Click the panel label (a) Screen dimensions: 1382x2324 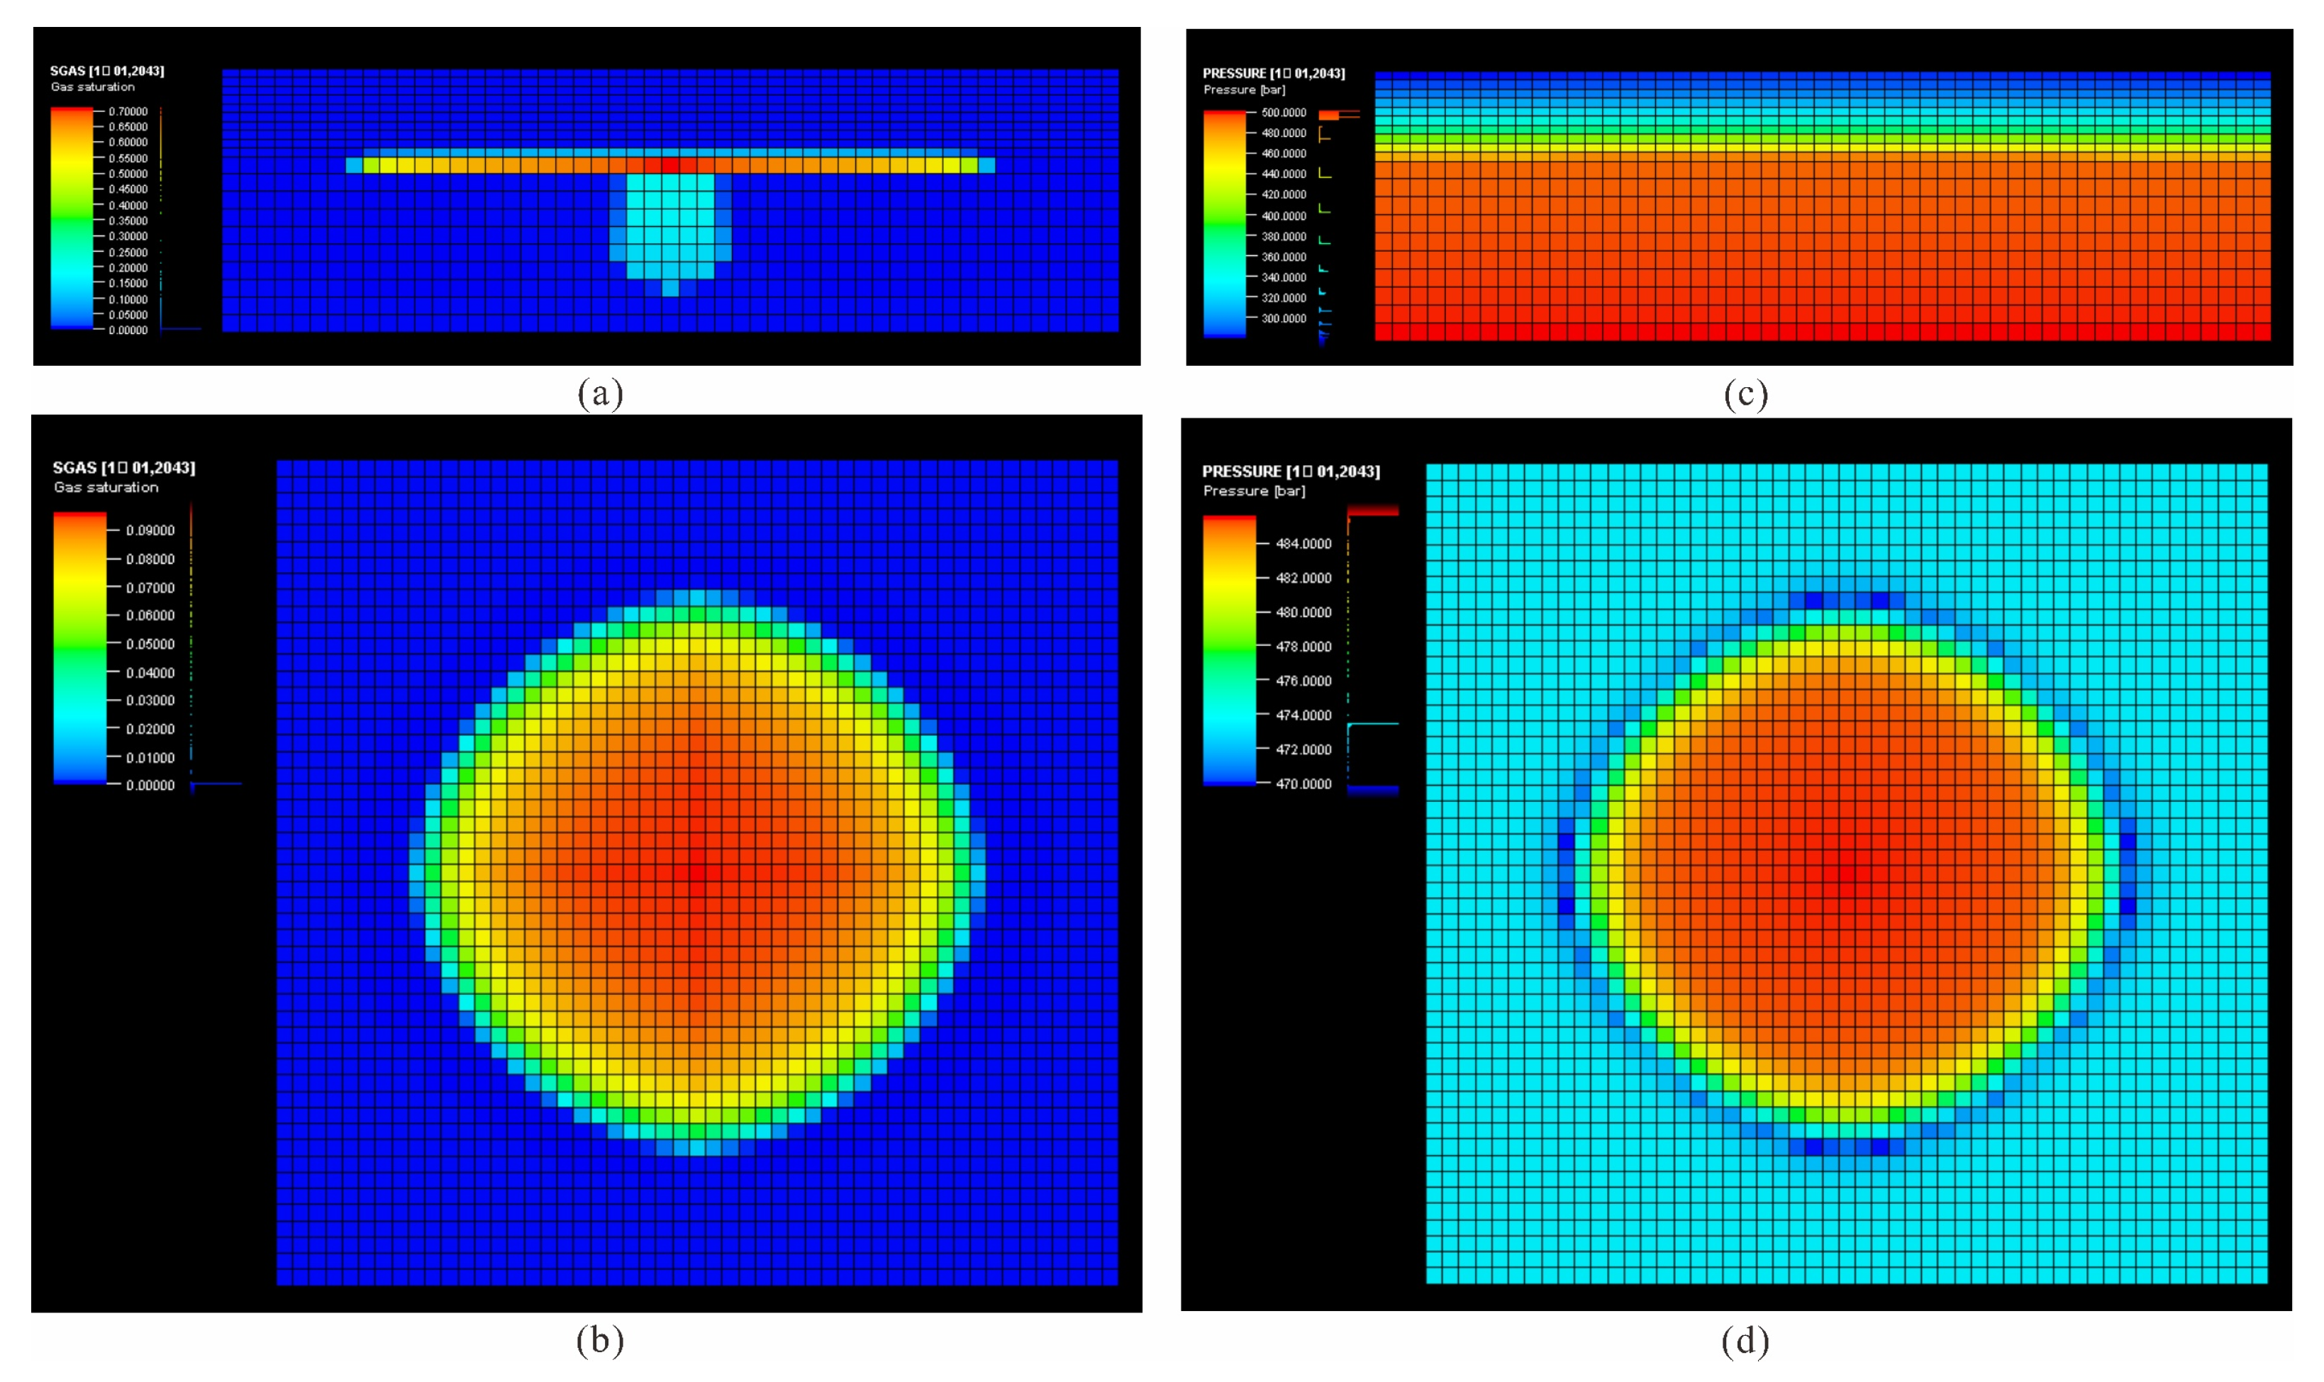600,394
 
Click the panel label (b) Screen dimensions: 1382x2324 600,1340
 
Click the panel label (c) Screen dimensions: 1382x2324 1745,394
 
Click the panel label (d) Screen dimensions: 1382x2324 1745,1341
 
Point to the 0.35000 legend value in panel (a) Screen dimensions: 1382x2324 128,221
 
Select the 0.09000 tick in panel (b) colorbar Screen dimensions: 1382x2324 150,530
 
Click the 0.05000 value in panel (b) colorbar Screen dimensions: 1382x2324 150,644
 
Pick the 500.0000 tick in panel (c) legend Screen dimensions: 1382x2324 1283,113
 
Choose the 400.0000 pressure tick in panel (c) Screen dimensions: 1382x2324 1283,216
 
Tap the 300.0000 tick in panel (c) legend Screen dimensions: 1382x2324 1283,318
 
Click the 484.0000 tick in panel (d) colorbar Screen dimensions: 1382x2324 1303,544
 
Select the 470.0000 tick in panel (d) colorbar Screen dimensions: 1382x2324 1303,784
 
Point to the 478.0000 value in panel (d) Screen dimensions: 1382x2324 1303,646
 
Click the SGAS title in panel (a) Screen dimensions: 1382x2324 107,71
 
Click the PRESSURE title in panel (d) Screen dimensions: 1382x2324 1291,472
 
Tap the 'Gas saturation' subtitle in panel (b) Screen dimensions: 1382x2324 106,487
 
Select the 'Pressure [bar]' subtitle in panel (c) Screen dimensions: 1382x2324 1244,90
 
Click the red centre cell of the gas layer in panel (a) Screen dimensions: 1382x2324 669,165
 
